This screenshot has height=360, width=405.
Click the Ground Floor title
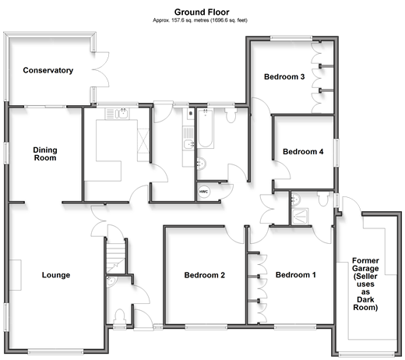(202, 12)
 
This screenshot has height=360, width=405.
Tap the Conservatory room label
(48, 70)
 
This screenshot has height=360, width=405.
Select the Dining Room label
(45, 154)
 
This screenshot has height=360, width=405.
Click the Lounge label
(56, 275)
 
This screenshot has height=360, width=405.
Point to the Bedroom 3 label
(284, 77)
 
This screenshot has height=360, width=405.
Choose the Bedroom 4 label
(303, 152)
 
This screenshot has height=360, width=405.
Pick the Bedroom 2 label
(205, 275)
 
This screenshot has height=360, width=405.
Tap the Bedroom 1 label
(296, 275)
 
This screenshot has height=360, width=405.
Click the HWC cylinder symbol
(204, 192)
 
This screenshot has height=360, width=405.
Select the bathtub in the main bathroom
(206, 129)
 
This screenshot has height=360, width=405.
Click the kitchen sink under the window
(122, 114)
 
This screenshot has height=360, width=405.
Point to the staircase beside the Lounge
(116, 256)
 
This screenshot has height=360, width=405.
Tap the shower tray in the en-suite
(300, 216)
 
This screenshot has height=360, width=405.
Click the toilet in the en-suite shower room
(323, 199)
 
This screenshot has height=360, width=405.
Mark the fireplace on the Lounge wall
(16, 275)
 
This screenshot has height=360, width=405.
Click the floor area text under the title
(200, 20)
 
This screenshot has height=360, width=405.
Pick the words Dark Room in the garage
(365, 304)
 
